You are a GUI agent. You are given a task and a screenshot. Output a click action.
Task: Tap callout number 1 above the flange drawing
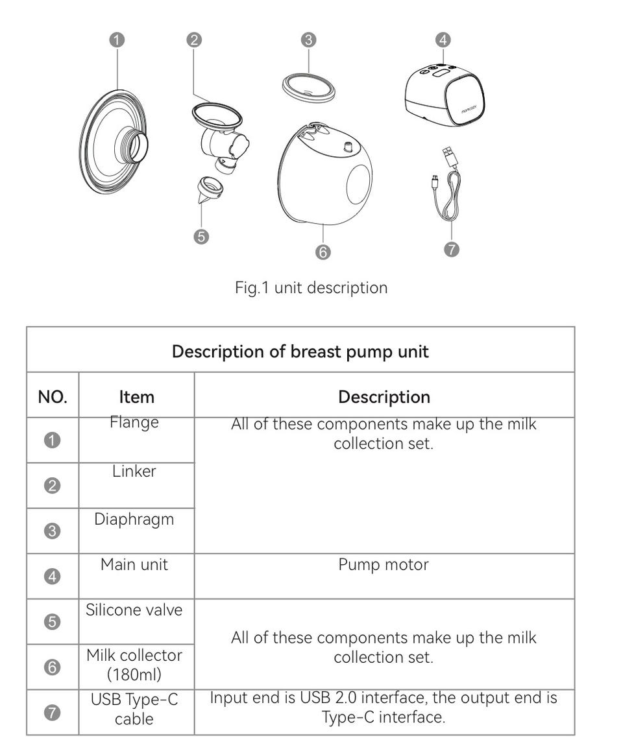117,40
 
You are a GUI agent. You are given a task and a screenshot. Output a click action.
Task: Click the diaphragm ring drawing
308,87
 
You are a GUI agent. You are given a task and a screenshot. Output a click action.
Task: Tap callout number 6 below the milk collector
323,252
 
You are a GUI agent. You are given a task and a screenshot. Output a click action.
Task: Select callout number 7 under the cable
452,249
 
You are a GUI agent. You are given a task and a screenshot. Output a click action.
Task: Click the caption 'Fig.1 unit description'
311,287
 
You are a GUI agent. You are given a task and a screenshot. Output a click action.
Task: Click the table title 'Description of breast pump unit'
300,352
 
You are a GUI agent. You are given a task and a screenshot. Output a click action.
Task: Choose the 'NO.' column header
53,396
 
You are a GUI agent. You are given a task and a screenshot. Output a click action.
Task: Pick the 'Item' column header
136,396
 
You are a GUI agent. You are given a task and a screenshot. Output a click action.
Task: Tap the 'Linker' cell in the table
134,471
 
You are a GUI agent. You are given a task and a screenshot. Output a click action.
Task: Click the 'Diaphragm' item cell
134,519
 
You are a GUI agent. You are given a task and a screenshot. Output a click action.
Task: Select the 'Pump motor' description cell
384,565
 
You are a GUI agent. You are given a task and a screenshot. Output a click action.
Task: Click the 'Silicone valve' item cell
134,610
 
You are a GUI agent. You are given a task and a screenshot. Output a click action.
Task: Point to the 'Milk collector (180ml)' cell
134,665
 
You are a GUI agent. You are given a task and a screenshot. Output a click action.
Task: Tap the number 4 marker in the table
52,577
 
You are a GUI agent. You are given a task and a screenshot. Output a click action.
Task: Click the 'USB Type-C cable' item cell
134,709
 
